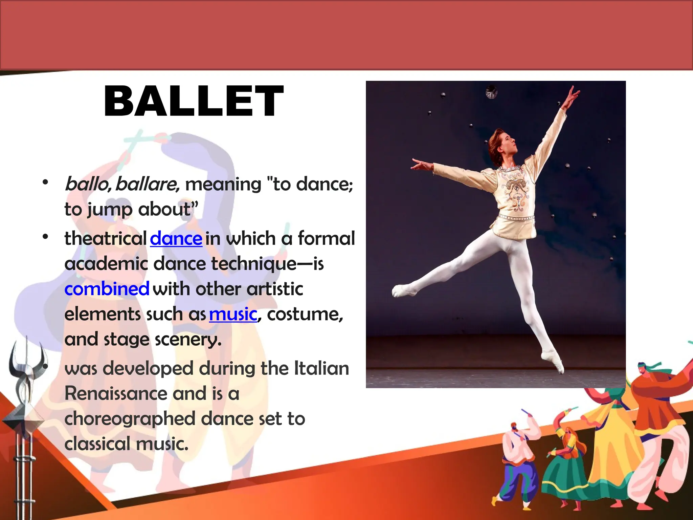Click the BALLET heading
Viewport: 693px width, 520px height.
tap(194, 101)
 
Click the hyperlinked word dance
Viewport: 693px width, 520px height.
tap(176, 239)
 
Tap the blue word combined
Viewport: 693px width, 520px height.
tap(107, 289)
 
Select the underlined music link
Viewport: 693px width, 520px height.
tap(233, 314)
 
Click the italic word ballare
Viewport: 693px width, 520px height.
tap(148, 184)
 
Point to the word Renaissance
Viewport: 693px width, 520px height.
tap(115, 394)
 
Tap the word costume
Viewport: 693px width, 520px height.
tap(305, 314)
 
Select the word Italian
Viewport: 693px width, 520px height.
tap(321, 368)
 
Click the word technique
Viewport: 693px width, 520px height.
tap(254, 264)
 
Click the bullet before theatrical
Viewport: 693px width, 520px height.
tap(45, 237)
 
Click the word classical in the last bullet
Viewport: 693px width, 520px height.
tap(97, 444)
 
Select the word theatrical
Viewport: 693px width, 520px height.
tap(105, 239)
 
